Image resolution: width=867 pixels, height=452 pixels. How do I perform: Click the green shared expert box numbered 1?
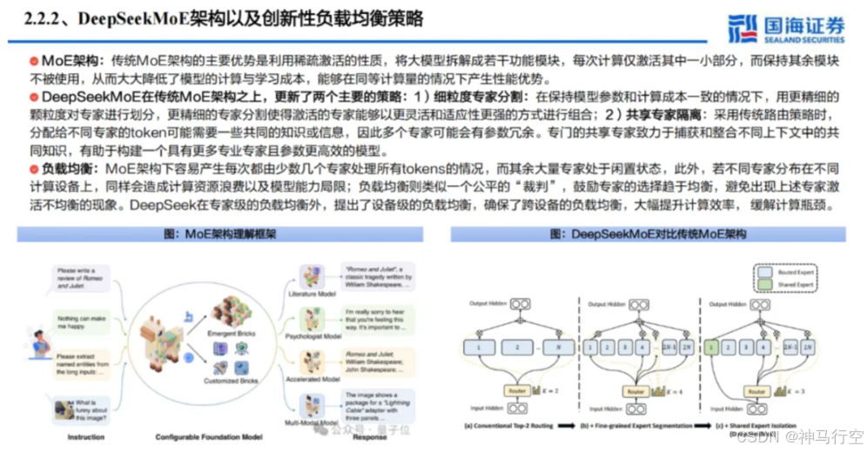tap(713, 347)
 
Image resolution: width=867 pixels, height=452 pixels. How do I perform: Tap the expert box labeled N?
tap(557, 347)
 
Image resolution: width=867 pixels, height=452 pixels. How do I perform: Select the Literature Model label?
tap(314, 294)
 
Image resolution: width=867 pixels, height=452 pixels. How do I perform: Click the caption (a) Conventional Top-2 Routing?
tap(513, 426)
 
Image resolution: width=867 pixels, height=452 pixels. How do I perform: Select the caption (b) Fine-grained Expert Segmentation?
tap(638, 426)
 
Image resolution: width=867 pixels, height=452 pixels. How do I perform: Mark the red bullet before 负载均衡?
tap(34, 165)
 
